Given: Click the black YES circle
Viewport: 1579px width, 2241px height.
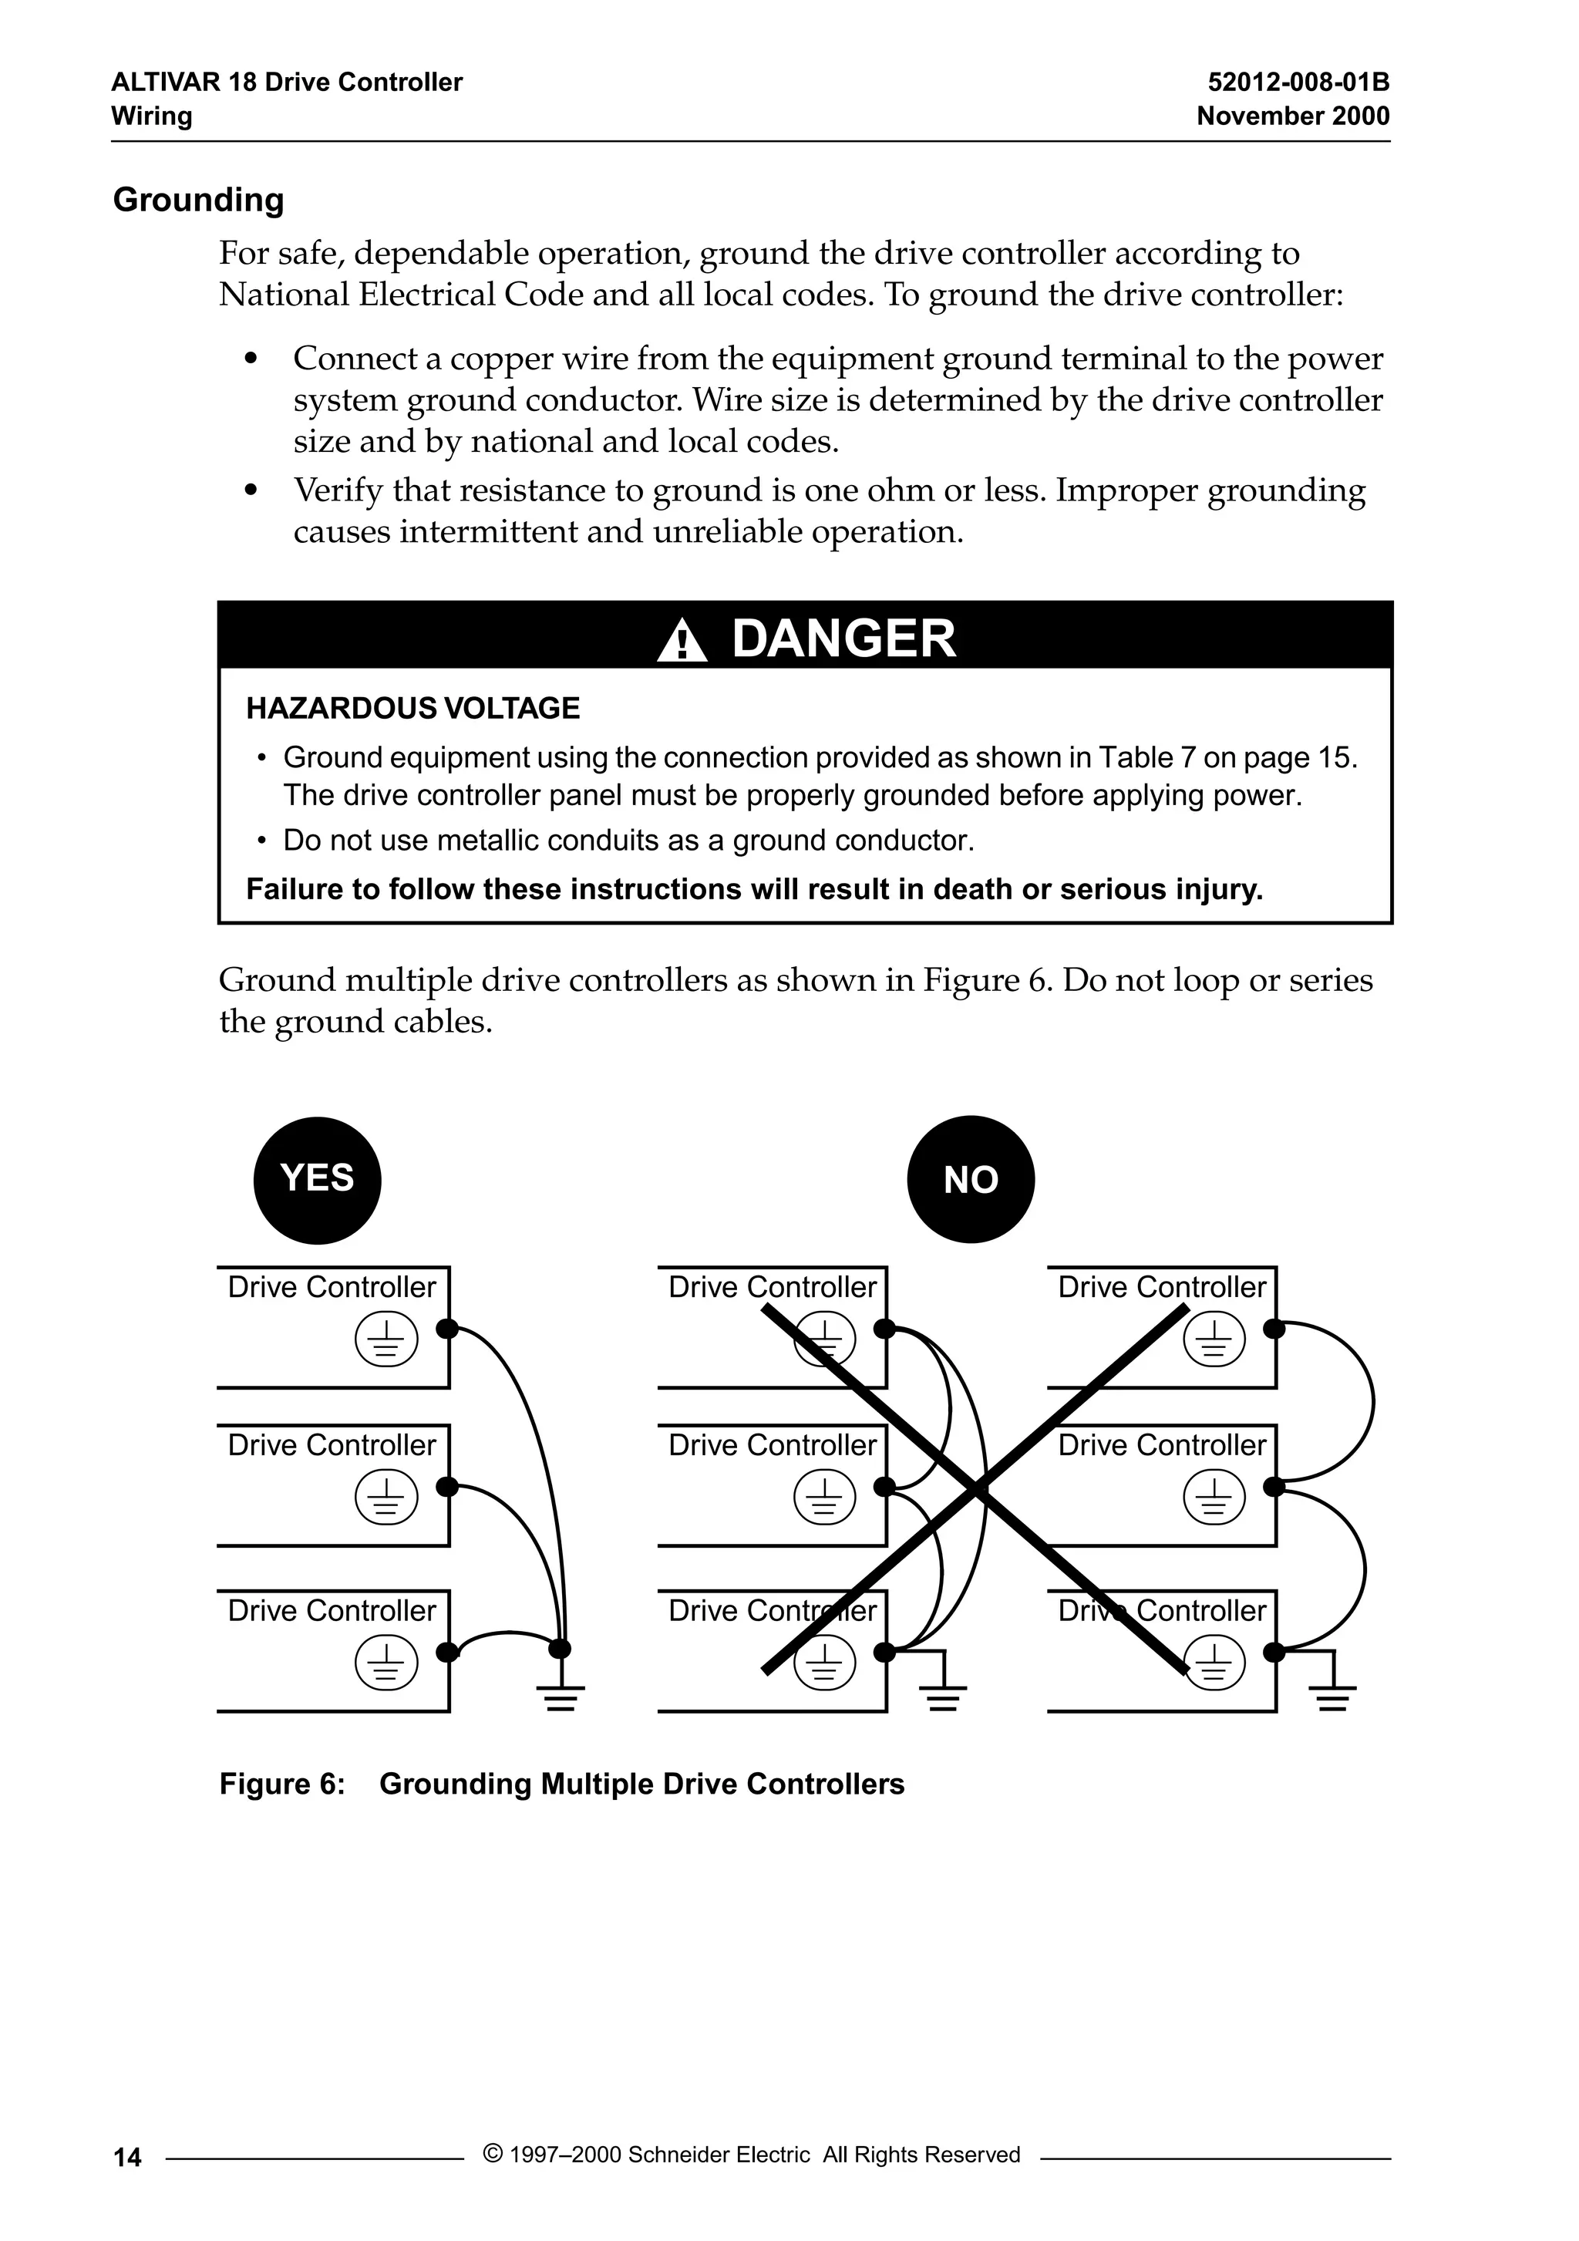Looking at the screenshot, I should (x=317, y=1180).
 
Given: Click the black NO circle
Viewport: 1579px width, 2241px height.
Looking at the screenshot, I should (x=970, y=1180).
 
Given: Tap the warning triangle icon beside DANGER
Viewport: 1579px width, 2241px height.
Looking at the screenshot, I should (x=682, y=642).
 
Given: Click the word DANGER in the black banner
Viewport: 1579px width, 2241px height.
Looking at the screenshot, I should (x=843, y=639).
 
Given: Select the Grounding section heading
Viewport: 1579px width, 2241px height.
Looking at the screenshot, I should (x=199, y=199).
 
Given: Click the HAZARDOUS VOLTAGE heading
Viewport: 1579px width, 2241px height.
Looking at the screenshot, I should (x=412, y=708).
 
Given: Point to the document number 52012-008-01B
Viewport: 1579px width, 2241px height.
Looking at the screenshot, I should (x=1298, y=82).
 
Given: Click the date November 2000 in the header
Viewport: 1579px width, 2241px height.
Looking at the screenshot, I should (x=1292, y=116).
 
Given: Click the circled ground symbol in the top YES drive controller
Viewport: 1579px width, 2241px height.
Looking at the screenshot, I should (x=386, y=1340).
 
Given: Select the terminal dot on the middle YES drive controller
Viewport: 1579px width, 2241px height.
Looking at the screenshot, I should (x=447, y=1488).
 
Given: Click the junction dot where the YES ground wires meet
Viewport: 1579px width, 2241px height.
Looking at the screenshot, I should (x=561, y=1649).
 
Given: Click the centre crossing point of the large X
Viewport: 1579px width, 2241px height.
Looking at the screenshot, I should (x=976, y=1488).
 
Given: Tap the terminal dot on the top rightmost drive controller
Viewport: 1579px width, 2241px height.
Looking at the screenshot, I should (x=1274, y=1329).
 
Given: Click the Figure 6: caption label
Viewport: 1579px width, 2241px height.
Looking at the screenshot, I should (x=282, y=1784).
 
